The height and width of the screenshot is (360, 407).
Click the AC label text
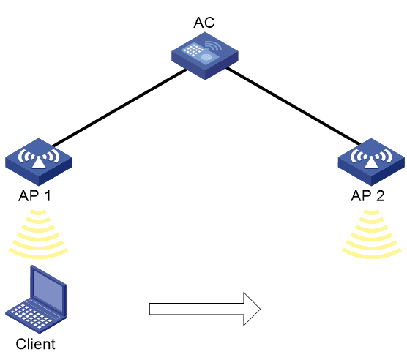click(x=204, y=23)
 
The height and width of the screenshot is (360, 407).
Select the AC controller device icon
click(x=205, y=56)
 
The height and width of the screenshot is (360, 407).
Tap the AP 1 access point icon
click(x=39, y=162)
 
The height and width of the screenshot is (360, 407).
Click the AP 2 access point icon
click(x=371, y=162)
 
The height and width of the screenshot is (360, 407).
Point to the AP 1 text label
click(x=35, y=196)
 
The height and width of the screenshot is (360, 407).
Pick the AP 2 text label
click(x=367, y=196)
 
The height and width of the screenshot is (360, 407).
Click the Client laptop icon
click(x=36, y=299)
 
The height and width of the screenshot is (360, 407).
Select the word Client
click(x=35, y=344)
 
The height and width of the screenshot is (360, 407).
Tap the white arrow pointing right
click(x=205, y=309)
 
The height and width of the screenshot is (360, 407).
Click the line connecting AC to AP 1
click(x=119, y=108)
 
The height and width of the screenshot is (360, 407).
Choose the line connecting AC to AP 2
click(x=294, y=106)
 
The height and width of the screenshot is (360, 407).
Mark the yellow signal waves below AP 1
click(x=38, y=234)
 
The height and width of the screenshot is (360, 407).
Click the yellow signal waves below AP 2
click(x=372, y=234)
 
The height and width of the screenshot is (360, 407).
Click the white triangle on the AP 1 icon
click(x=39, y=163)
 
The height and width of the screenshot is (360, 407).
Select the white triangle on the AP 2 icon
click(x=371, y=163)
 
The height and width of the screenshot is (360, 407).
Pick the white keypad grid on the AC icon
click(x=193, y=49)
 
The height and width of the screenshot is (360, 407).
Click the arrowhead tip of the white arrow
click(x=261, y=309)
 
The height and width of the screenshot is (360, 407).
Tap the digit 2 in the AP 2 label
click(x=380, y=196)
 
